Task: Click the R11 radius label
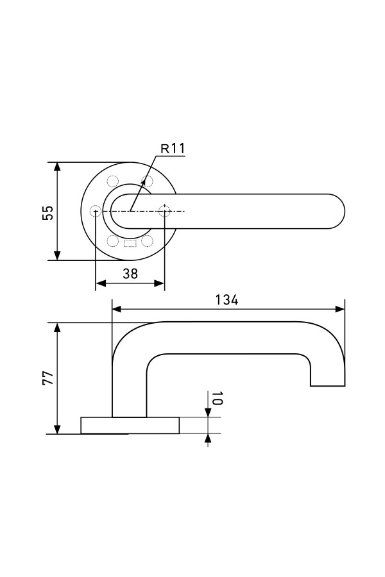coord(173,149)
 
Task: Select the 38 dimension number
coord(130,274)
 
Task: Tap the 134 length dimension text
coord(227,299)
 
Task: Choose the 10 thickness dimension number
coord(216,398)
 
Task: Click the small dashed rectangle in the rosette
coord(130,243)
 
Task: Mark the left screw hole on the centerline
coord(96,210)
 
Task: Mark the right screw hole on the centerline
coord(165,210)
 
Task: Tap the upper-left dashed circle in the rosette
coord(113,181)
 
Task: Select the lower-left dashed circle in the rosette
coord(113,241)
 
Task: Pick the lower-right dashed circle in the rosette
coord(147,241)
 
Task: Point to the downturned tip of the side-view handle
coord(327,378)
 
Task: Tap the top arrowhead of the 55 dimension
coord(57,165)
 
